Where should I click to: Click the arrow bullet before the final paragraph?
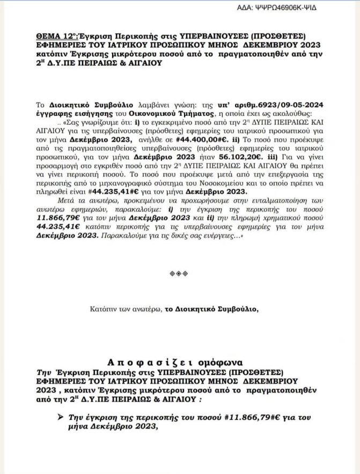(x=60, y=417)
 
